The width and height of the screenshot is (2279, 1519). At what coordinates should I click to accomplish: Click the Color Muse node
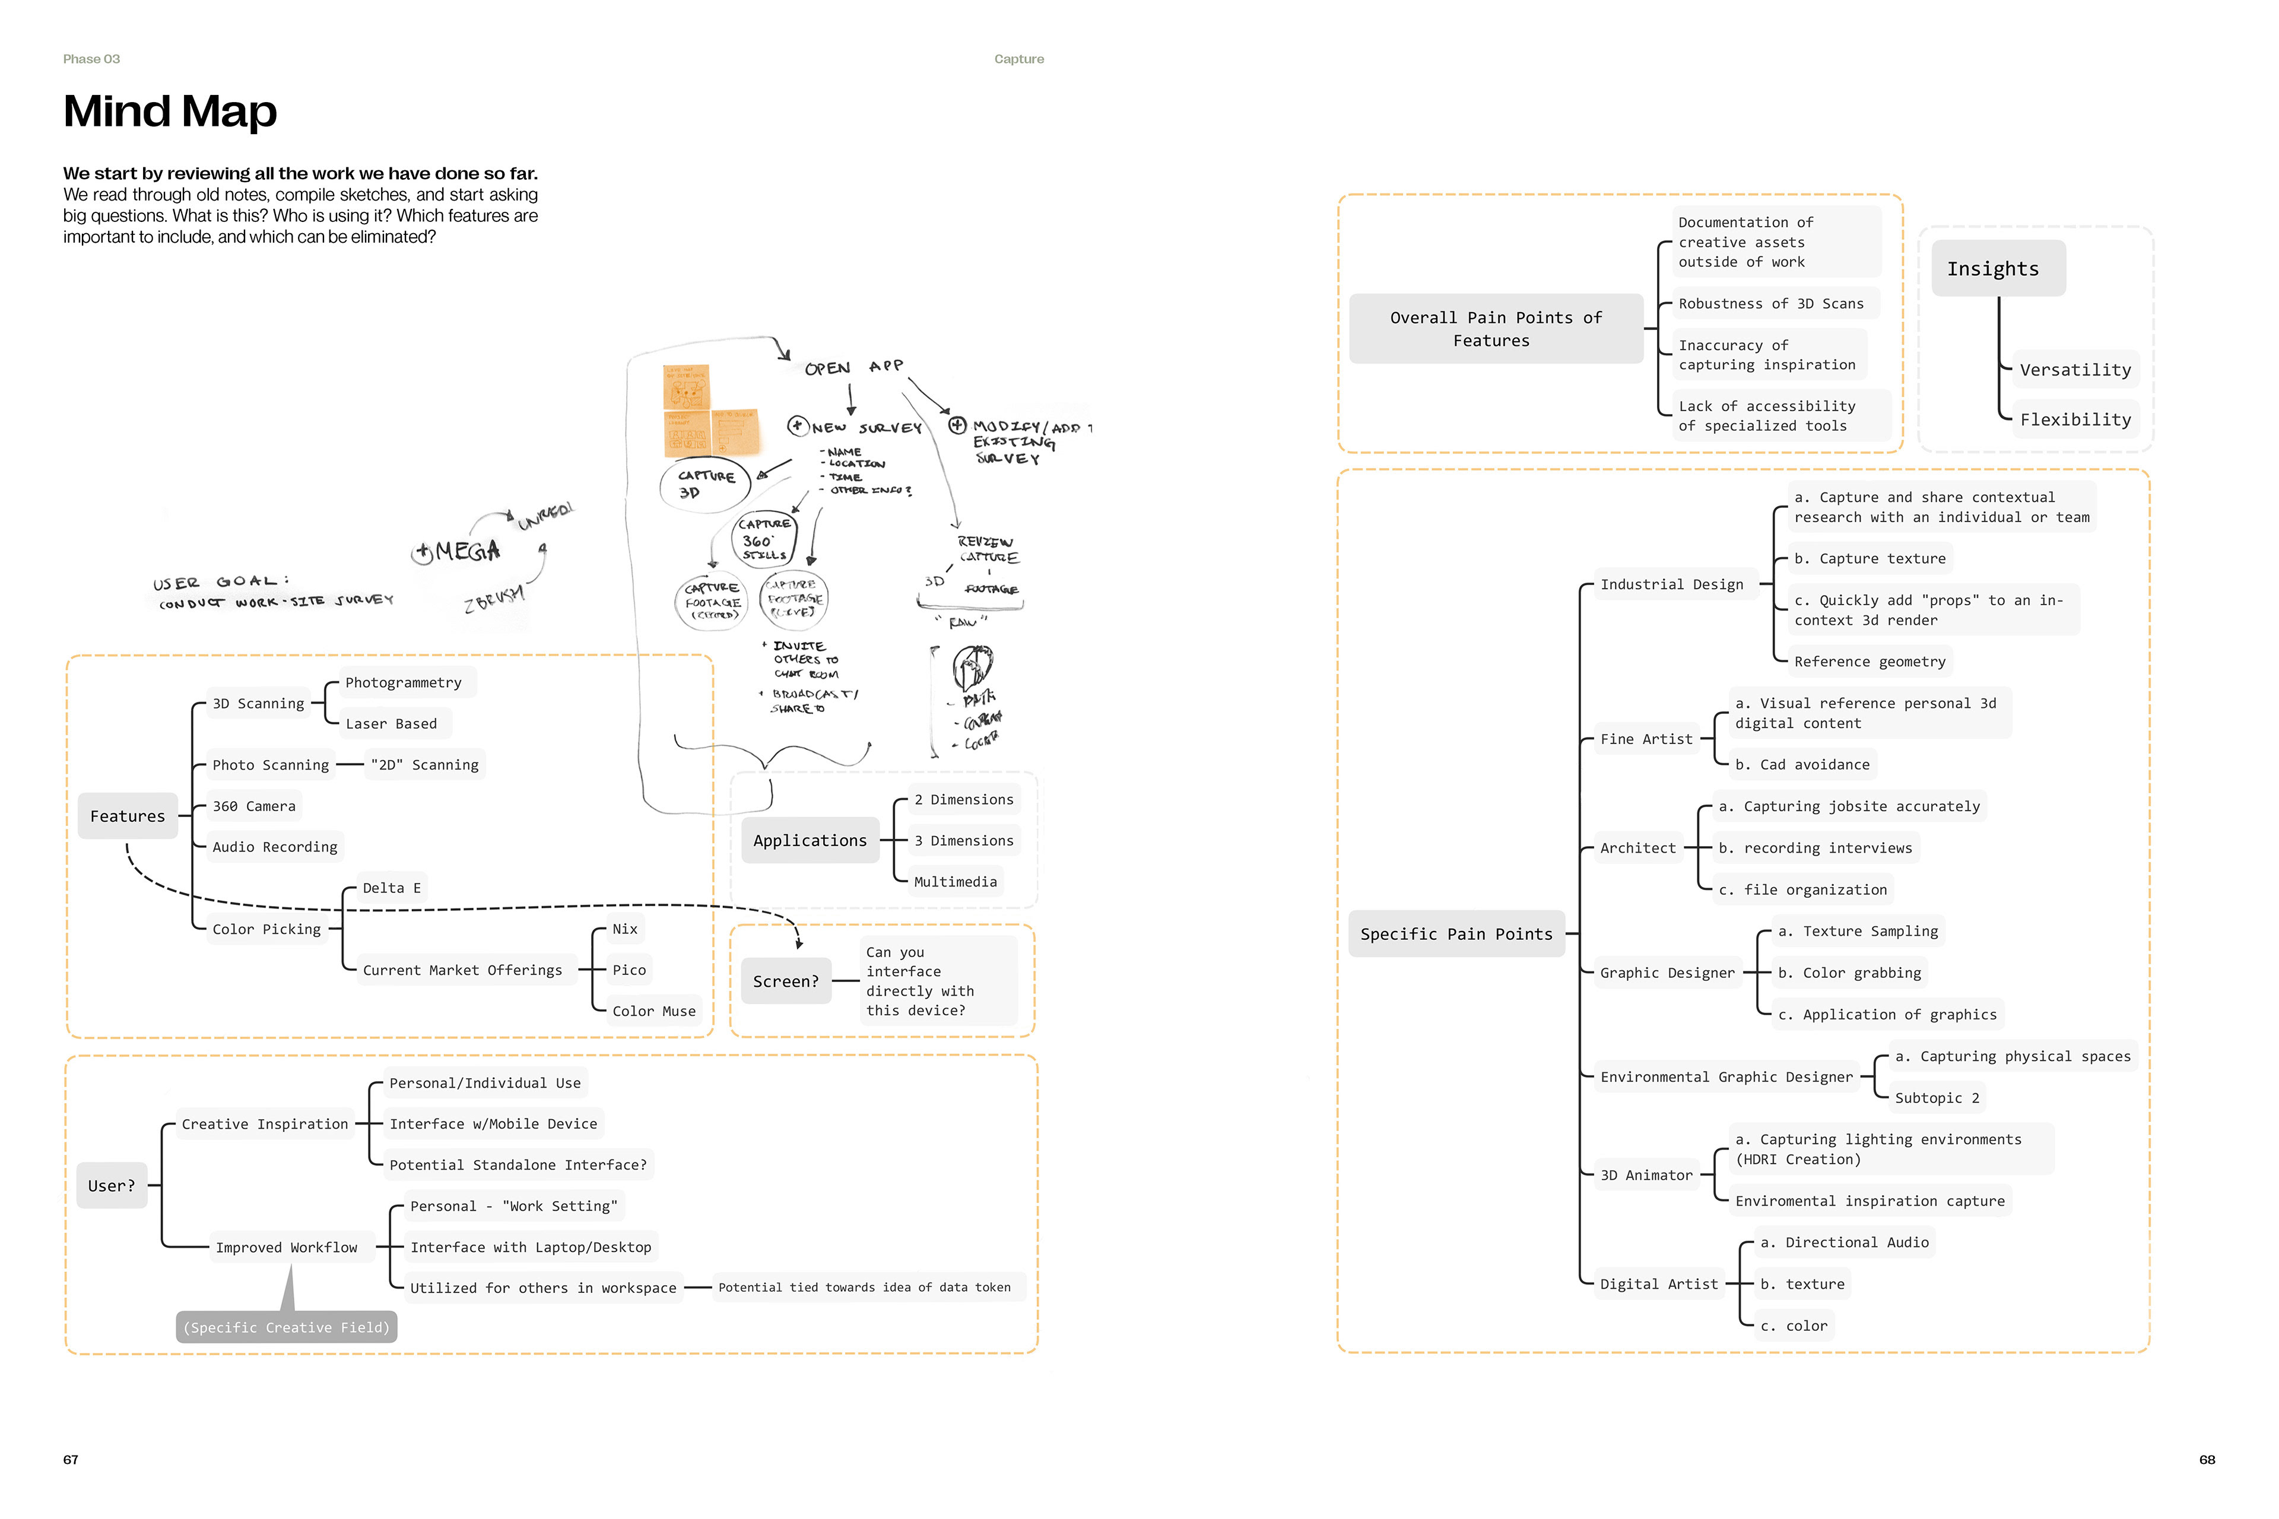tap(653, 1010)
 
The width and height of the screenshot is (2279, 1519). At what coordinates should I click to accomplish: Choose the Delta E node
tap(392, 888)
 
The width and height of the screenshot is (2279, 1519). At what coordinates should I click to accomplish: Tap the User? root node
tap(112, 1185)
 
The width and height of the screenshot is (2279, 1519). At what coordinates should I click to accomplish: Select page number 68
tap(2207, 1459)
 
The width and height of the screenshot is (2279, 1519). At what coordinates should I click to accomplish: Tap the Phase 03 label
tap(91, 59)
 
